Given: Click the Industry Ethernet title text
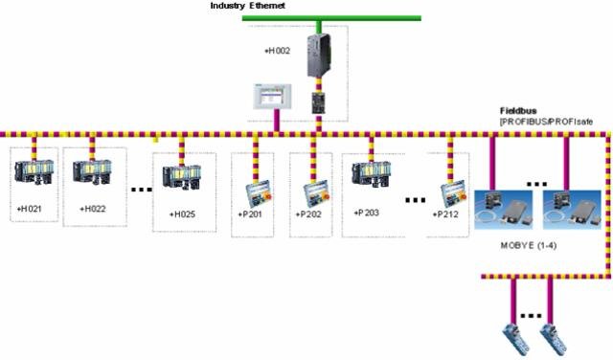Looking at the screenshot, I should pyautogui.click(x=250, y=7).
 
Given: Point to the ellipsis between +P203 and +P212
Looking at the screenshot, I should pyautogui.click(x=415, y=200).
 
